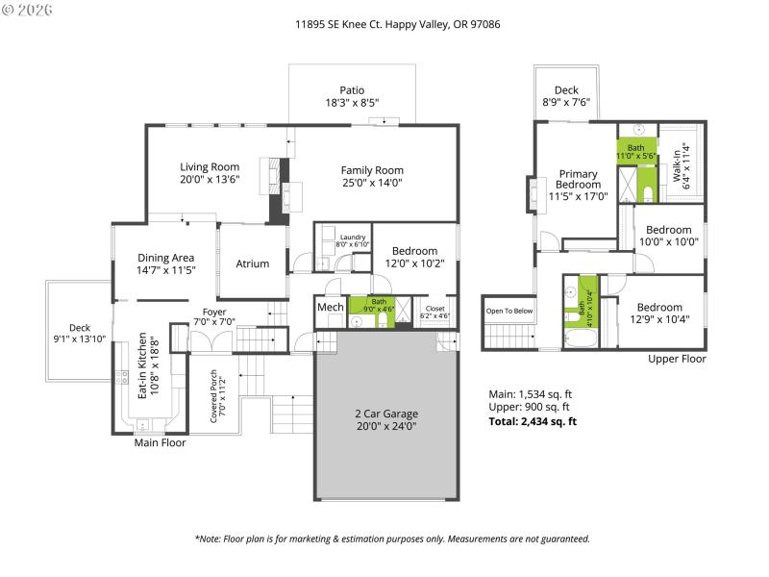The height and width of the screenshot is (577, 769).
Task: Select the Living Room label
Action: click(209, 166)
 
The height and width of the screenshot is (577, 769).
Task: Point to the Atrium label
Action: click(253, 263)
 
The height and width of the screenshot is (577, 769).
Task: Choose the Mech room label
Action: click(330, 308)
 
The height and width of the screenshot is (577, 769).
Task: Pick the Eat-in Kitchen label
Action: click(141, 365)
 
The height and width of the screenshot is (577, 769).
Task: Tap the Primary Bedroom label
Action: click(578, 180)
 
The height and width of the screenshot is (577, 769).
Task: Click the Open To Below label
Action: click(509, 311)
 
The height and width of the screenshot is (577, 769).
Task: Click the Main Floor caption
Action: click(160, 442)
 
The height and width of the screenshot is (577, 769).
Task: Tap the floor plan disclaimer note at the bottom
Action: click(391, 539)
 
